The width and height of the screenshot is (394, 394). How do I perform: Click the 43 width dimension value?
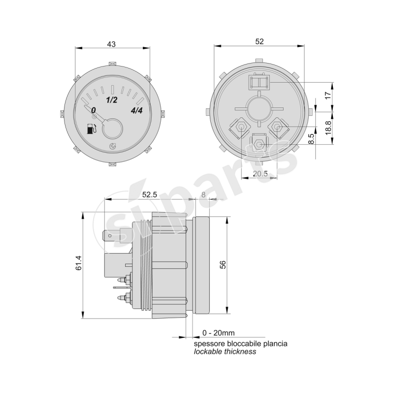tap(111, 44)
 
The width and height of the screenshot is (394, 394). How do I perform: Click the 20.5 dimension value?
tap(260, 173)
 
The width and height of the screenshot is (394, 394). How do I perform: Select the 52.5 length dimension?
tap(149, 195)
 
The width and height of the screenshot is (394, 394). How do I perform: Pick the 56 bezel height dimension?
tap(223, 264)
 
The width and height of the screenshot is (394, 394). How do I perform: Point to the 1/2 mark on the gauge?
tap(112, 100)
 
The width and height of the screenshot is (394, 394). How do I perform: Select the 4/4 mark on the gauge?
tap(137, 110)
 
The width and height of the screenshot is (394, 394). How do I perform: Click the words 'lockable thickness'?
tap(225, 352)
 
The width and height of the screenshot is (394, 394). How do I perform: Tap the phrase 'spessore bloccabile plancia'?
tap(240, 343)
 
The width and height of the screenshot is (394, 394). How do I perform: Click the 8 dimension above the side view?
tap(204, 195)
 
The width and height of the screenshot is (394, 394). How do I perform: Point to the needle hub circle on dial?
tap(112, 130)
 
